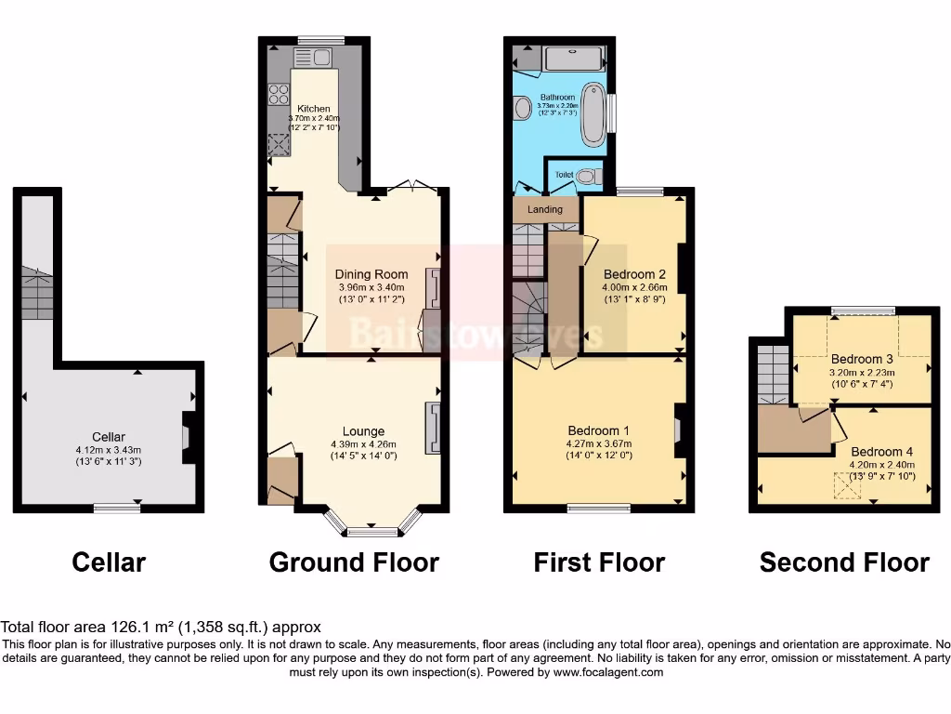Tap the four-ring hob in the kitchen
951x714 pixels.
[279, 94]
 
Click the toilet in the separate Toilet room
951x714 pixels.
[585, 176]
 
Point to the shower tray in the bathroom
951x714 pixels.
[574, 59]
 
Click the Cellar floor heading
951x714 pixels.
[109, 562]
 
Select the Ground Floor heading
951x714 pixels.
[354, 562]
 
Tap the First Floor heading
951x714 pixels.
[599, 562]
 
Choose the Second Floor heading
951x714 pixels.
[844, 562]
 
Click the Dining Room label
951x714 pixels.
[371, 274]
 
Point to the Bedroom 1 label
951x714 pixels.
[599, 430]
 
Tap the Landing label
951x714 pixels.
[545, 209]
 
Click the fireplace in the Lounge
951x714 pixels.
[433, 428]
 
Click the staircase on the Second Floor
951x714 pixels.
[772, 374]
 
